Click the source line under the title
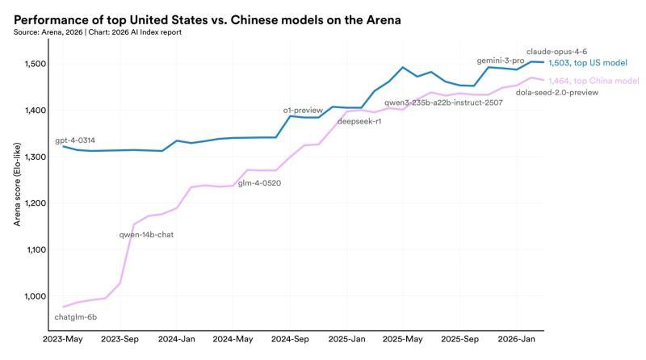98,32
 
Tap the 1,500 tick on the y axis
36,64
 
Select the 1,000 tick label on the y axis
36,296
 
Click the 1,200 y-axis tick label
36,203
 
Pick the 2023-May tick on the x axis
63,341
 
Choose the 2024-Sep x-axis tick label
290,341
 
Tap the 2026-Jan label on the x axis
517,341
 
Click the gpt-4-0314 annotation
81,140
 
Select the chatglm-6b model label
75,316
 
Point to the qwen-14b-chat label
146,235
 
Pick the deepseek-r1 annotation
359,121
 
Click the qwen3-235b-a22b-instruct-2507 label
443,103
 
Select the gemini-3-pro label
501,61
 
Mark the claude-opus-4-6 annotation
556,51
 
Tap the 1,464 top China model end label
593,81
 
